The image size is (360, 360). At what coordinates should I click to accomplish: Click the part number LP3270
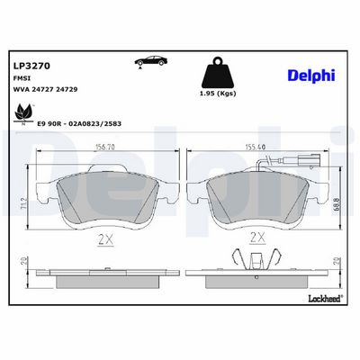coord(31,66)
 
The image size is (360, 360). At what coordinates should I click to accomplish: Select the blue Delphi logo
coord(311,75)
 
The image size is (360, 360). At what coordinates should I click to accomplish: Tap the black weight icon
coord(218,72)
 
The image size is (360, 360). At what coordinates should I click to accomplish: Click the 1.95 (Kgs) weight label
coord(218,94)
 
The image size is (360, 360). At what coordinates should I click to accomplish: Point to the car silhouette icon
coord(150,61)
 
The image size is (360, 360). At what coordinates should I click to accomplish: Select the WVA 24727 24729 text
coord(46,89)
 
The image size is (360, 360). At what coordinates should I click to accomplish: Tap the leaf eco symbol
coord(23,113)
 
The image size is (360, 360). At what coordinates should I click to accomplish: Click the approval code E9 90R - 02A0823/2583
coord(79,123)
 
